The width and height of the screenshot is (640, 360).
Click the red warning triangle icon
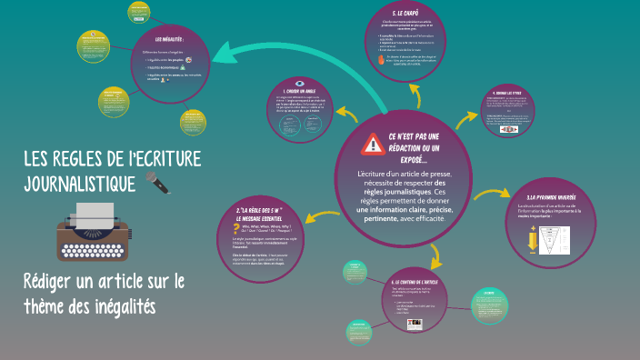pyautogui.click(x=373, y=144)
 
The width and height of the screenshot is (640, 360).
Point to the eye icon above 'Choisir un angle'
pyautogui.click(x=300, y=84)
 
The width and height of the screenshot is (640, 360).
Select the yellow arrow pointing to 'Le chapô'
pyautogui.click(x=417, y=96)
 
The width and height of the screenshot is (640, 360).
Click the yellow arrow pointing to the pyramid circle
pyautogui.click(x=495, y=192)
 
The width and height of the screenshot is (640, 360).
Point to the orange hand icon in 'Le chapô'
pyautogui.click(x=382, y=60)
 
